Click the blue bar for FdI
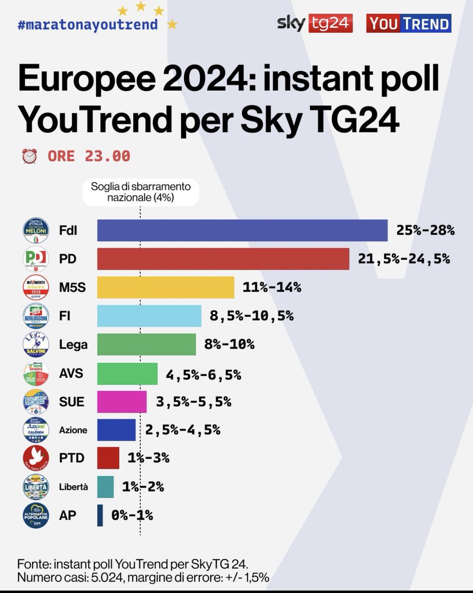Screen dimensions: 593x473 point(242,230)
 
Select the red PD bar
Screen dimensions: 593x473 point(223,258)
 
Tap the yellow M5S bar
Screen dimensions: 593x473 point(165,287)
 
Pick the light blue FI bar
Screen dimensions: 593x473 point(149,316)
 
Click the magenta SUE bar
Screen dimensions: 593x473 point(121,401)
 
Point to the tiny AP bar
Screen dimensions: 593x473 point(100,515)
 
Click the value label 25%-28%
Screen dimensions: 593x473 point(425,230)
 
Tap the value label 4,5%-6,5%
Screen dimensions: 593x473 point(203,375)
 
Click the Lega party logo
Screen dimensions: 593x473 point(36,344)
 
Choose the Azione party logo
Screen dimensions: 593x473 point(36,430)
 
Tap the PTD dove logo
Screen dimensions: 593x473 point(36,458)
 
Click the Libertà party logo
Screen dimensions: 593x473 point(36,487)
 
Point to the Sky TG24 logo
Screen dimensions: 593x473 point(315,23)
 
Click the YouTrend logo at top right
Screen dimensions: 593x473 point(408,24)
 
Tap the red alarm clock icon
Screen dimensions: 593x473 point(30,156)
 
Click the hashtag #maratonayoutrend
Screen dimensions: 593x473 point(88,24)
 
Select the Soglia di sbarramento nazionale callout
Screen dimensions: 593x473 point(141,192)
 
